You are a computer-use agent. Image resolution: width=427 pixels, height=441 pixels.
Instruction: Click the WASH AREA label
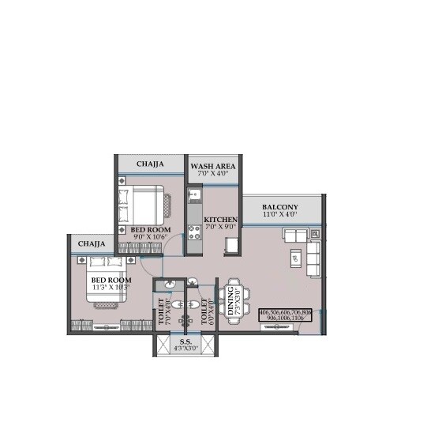point(212,165)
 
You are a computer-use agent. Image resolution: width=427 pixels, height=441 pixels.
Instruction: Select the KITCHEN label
point(220,219)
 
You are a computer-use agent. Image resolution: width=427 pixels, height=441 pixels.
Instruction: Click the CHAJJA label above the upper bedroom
point(150,164)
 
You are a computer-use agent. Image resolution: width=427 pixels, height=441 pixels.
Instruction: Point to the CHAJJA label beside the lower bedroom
point(92,244)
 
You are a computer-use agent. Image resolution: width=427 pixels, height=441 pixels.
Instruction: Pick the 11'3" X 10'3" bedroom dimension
point(110,288)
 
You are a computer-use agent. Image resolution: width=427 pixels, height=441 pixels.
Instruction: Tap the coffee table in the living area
point(294,257)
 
